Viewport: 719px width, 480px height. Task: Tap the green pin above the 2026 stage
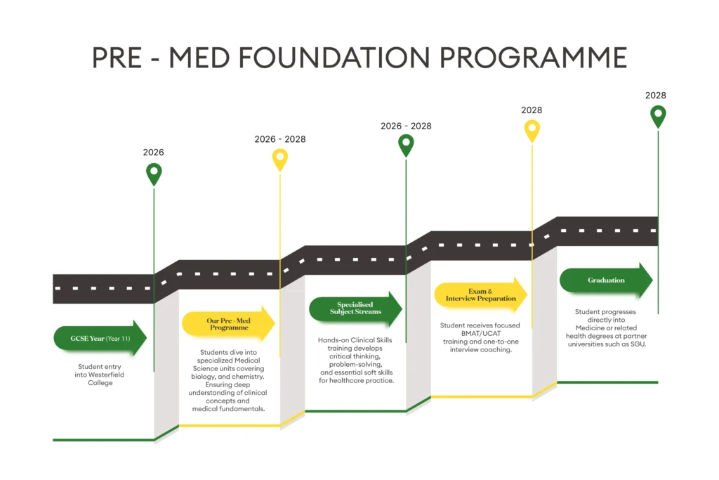pos(154,173)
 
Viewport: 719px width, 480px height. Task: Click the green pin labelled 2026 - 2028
pos(406,145)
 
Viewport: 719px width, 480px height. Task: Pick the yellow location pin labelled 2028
pos(532,130)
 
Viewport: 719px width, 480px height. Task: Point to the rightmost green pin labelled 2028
pos(658,115)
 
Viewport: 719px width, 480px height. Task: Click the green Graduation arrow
pos(606,280)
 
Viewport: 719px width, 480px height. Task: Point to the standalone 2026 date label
pos(154,153)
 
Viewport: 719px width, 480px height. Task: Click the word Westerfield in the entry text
pos(110,375)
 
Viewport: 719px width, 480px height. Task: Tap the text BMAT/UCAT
pos(480,333)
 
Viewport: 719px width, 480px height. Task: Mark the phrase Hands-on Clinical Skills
pos(355,340)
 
